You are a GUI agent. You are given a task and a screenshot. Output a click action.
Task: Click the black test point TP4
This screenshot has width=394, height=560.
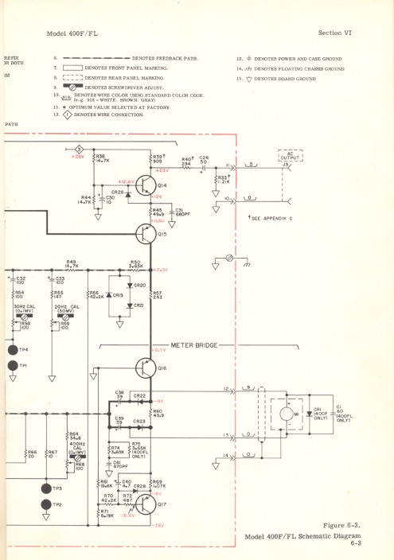click(x=12, y=350)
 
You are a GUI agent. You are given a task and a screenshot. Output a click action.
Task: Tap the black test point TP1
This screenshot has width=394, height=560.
click(x=12, y=365)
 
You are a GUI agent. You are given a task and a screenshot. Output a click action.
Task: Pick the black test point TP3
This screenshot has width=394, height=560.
click(x=45, y=488)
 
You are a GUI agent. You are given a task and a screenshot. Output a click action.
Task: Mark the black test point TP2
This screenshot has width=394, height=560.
click(x=45, y=504)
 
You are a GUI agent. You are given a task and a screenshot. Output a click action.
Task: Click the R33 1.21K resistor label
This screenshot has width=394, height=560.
click(x=222, y=181)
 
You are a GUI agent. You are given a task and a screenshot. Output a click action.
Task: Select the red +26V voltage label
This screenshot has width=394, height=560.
click(x=78, y=157)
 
